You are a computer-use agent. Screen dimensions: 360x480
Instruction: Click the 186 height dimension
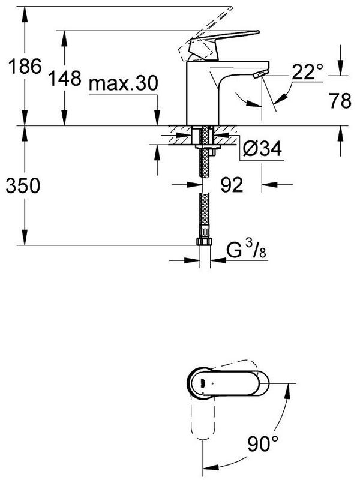pyautogui.click(x=25, y=67)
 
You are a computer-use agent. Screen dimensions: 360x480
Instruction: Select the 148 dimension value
pyautogui.click(x=65, y=78)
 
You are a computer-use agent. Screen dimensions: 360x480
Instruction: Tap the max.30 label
pyautogui.click(x=124, y=83)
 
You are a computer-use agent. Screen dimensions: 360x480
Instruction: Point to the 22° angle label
pyautogui.click(x=307, y=72)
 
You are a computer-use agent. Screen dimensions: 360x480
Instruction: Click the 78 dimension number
pyautogui.click(x=340, y=101)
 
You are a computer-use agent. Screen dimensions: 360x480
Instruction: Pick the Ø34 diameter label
pyautogui.click(x=262, y=149)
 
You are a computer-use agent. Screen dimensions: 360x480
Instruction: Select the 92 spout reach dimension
pyautogui.click(x=232, y=185)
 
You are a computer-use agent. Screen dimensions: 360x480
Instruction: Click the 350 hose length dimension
pyautogui.click(x=23, y=185)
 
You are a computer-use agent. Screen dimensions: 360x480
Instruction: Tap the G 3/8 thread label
pyautogui.click(x=246, y=249)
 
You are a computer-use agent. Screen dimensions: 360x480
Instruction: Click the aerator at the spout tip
pyautogui.click(x=261, y=73)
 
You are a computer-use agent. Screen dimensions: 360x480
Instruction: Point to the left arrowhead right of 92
pyautogui.click(x=269, y=185)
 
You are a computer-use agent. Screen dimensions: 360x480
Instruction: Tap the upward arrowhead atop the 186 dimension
pyautogui.click(x=25, y=14)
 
